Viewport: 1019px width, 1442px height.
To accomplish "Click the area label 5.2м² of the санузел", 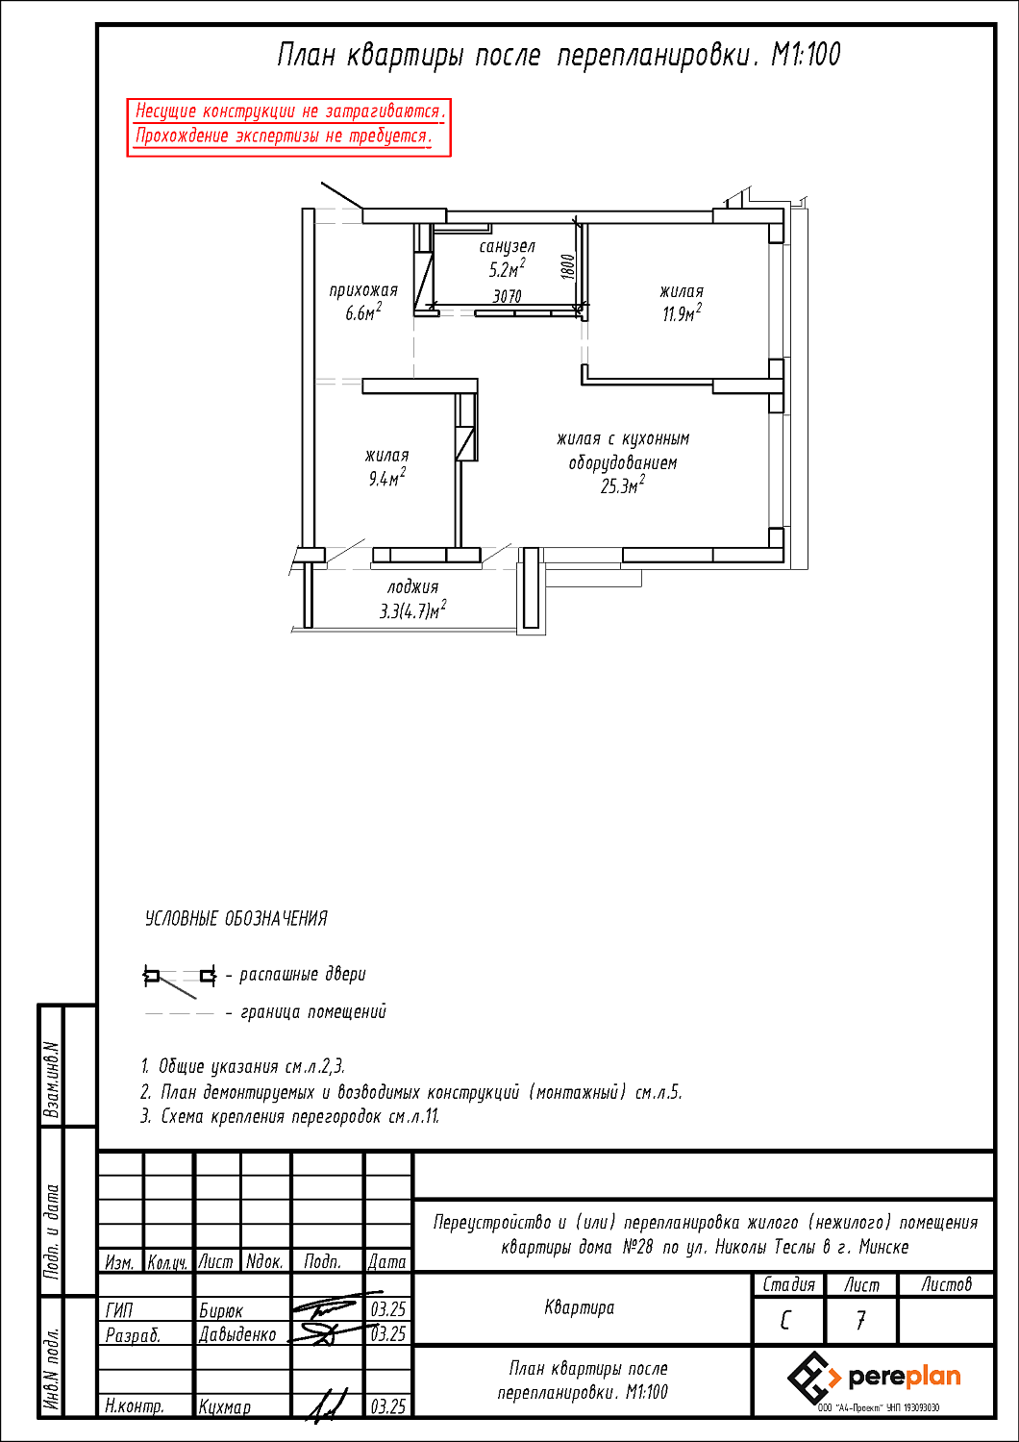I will click(x=507, y=269).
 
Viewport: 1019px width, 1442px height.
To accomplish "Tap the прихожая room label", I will click(x=363, y=290).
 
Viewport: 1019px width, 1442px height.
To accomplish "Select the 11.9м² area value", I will click(x=681, y=313).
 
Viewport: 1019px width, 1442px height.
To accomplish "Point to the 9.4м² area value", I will click(x=386, y=478).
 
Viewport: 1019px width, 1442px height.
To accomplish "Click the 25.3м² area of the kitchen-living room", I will click(x=622, y=486).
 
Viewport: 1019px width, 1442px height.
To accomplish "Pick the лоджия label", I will click(x=413, y=586).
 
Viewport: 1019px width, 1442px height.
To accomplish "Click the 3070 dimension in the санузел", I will click(x=507, y=296).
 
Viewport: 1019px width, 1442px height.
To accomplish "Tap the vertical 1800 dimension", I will click(x=567, y=266).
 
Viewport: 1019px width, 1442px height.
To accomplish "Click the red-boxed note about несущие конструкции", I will click(x=289, y=124).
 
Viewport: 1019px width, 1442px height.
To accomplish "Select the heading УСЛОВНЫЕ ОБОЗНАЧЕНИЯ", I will click(x=236, y=919).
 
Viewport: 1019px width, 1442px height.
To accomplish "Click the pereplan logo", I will click(x=874, y=1379).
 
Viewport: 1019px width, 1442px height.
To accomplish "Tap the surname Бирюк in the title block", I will click(x=221, y=1310).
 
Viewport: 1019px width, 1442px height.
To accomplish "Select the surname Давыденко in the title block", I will click(x=237, y=1334).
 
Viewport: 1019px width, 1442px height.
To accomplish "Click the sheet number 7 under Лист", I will click(x=860, y=1321).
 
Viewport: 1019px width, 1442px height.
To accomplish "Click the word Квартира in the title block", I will click(x=579, y=1307).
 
